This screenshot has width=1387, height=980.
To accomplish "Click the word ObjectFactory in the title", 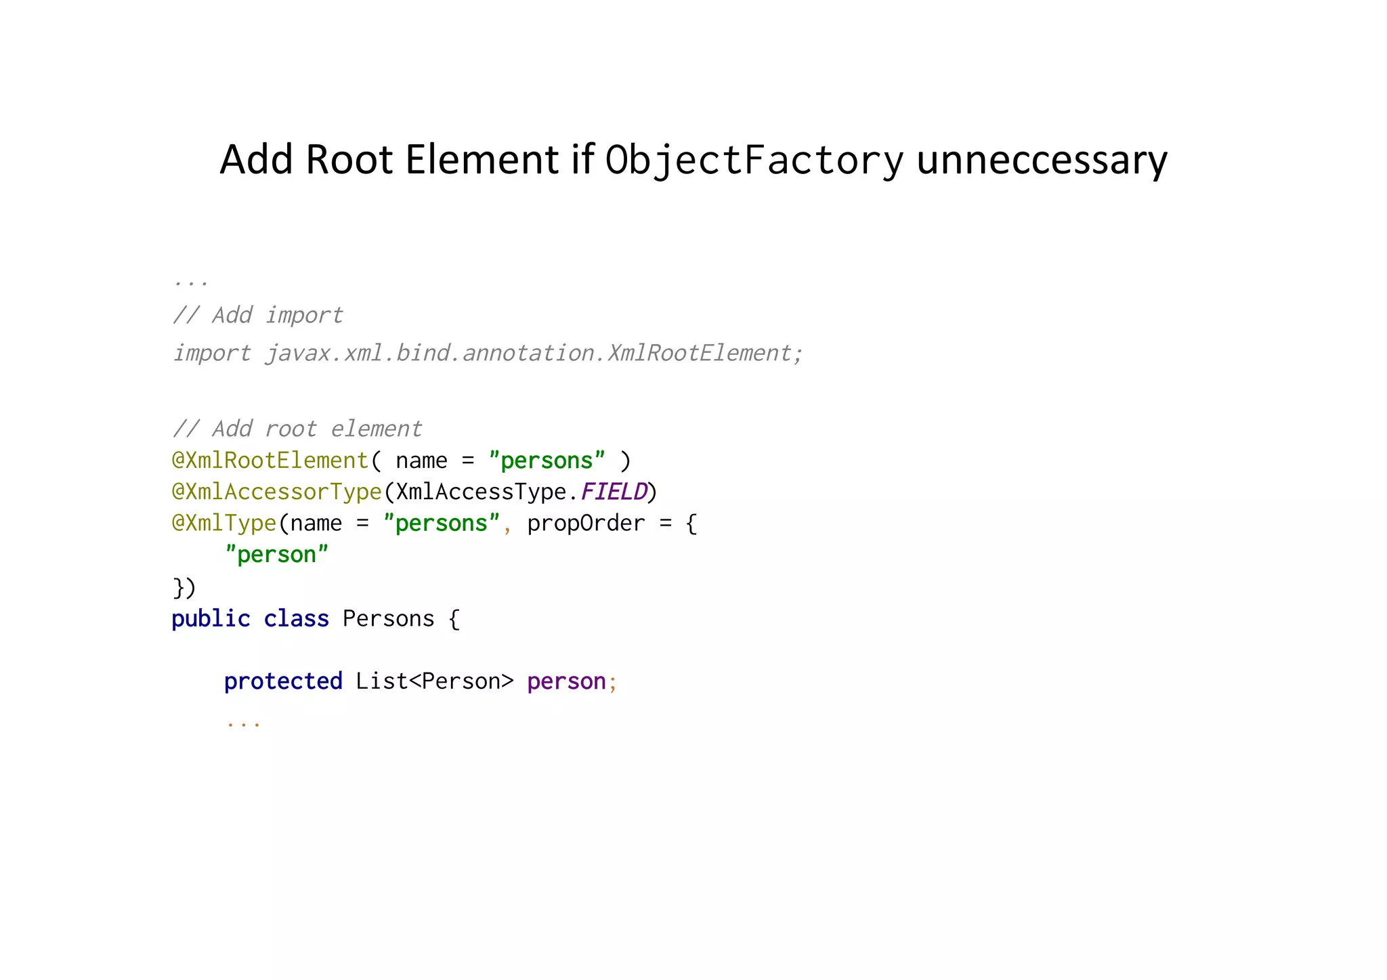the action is coord(754,161).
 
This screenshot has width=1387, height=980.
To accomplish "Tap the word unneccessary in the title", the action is coord(1042,161).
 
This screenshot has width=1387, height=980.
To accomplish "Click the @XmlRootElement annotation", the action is coord(270,461).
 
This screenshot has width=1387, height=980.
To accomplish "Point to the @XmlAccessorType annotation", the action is coord(277,492).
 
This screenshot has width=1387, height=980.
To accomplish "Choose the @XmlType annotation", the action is coord(224,523).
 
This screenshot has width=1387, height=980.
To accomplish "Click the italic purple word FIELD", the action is coord(614,492).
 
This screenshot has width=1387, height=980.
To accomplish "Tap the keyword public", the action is coord(211,618).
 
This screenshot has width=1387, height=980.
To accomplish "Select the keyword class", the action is coord(296,618).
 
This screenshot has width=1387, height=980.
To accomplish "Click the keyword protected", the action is coord(283,681).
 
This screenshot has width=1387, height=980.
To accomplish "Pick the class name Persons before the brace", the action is coord(388,618).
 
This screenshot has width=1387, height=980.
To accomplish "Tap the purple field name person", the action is coord(566,681).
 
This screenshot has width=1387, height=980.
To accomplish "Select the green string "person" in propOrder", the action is coord(276,555).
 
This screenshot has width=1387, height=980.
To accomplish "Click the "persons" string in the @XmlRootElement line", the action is coord(547,461).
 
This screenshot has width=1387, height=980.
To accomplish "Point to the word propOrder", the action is coord(586,523).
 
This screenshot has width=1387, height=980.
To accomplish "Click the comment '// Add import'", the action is coord(257,315).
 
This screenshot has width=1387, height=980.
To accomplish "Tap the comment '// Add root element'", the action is coord(297,429).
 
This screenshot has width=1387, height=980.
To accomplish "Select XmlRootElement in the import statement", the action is coord(698,353).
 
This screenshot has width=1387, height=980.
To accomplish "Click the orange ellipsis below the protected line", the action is coord(243,723).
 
